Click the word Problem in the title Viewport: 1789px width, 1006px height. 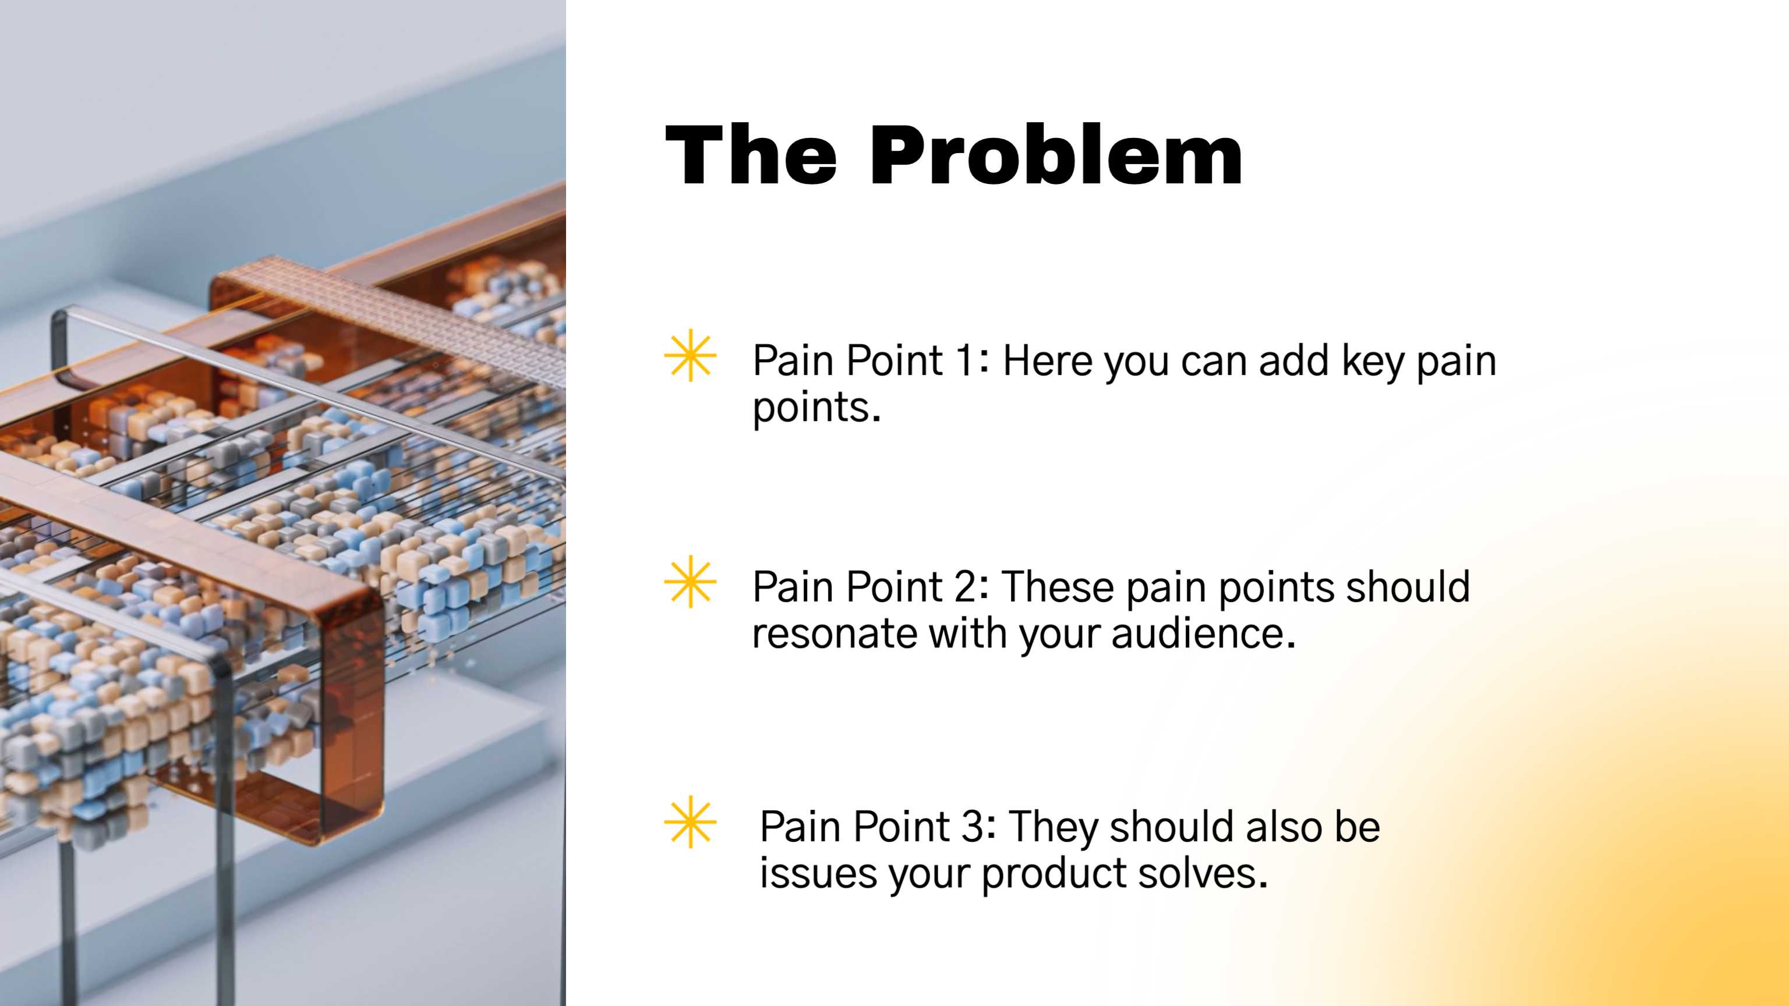pyautogui.click(x=1056, y=155)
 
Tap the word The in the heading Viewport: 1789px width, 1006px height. pyautogui.click(x=751, y=155)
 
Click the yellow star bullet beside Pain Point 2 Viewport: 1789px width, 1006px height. pyautogui.click(x=690, y=582)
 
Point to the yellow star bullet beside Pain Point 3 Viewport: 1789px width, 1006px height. pyautogui.click(x=690, y=822)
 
